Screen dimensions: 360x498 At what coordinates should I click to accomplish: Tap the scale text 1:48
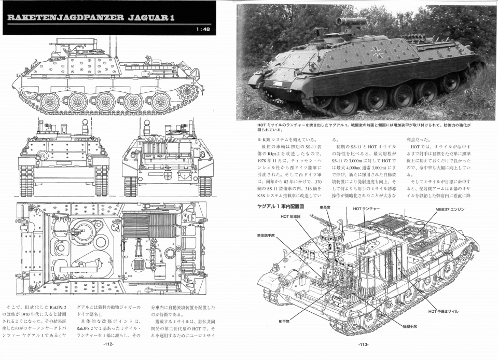pos(203,30)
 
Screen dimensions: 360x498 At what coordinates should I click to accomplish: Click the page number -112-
pos(108,344)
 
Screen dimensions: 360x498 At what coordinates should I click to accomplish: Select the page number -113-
pos(364,344)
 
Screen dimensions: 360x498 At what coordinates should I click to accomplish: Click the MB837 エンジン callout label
pos(449,210)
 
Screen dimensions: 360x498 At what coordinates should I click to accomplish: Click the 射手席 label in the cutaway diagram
pos(283,321)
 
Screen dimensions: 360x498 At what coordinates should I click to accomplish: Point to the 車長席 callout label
pos(325,207)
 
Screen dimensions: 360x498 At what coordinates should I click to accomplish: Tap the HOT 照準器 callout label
pos(291,216)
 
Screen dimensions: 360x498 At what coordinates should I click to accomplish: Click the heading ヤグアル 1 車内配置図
pos(281,206)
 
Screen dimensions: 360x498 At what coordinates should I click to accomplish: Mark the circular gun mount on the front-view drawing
pos(43,155)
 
